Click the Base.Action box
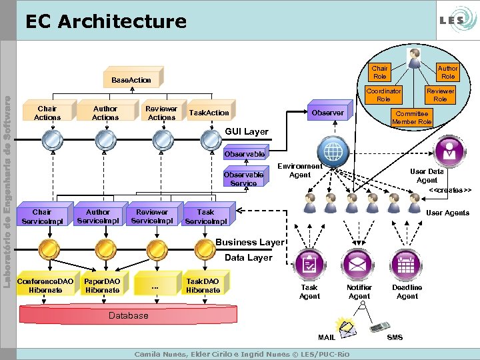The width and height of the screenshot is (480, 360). click(131, 79)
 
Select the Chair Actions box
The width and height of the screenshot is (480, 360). click(47, 113)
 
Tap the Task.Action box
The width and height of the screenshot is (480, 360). click(209, 113)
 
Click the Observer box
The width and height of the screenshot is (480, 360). click(329, 113)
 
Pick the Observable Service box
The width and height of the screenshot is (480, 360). click(244, 178)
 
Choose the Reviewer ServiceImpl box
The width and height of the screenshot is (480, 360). click(152, 216)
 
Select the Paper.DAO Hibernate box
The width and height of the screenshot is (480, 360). click(103, 285)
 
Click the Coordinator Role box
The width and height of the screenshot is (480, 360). click(383, 95)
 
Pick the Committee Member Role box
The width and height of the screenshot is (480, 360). click(412, 117)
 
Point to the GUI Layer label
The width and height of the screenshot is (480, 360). click(247, 131)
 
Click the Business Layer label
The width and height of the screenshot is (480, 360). click(250, 242)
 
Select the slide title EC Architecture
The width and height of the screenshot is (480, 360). click(106, 21)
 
